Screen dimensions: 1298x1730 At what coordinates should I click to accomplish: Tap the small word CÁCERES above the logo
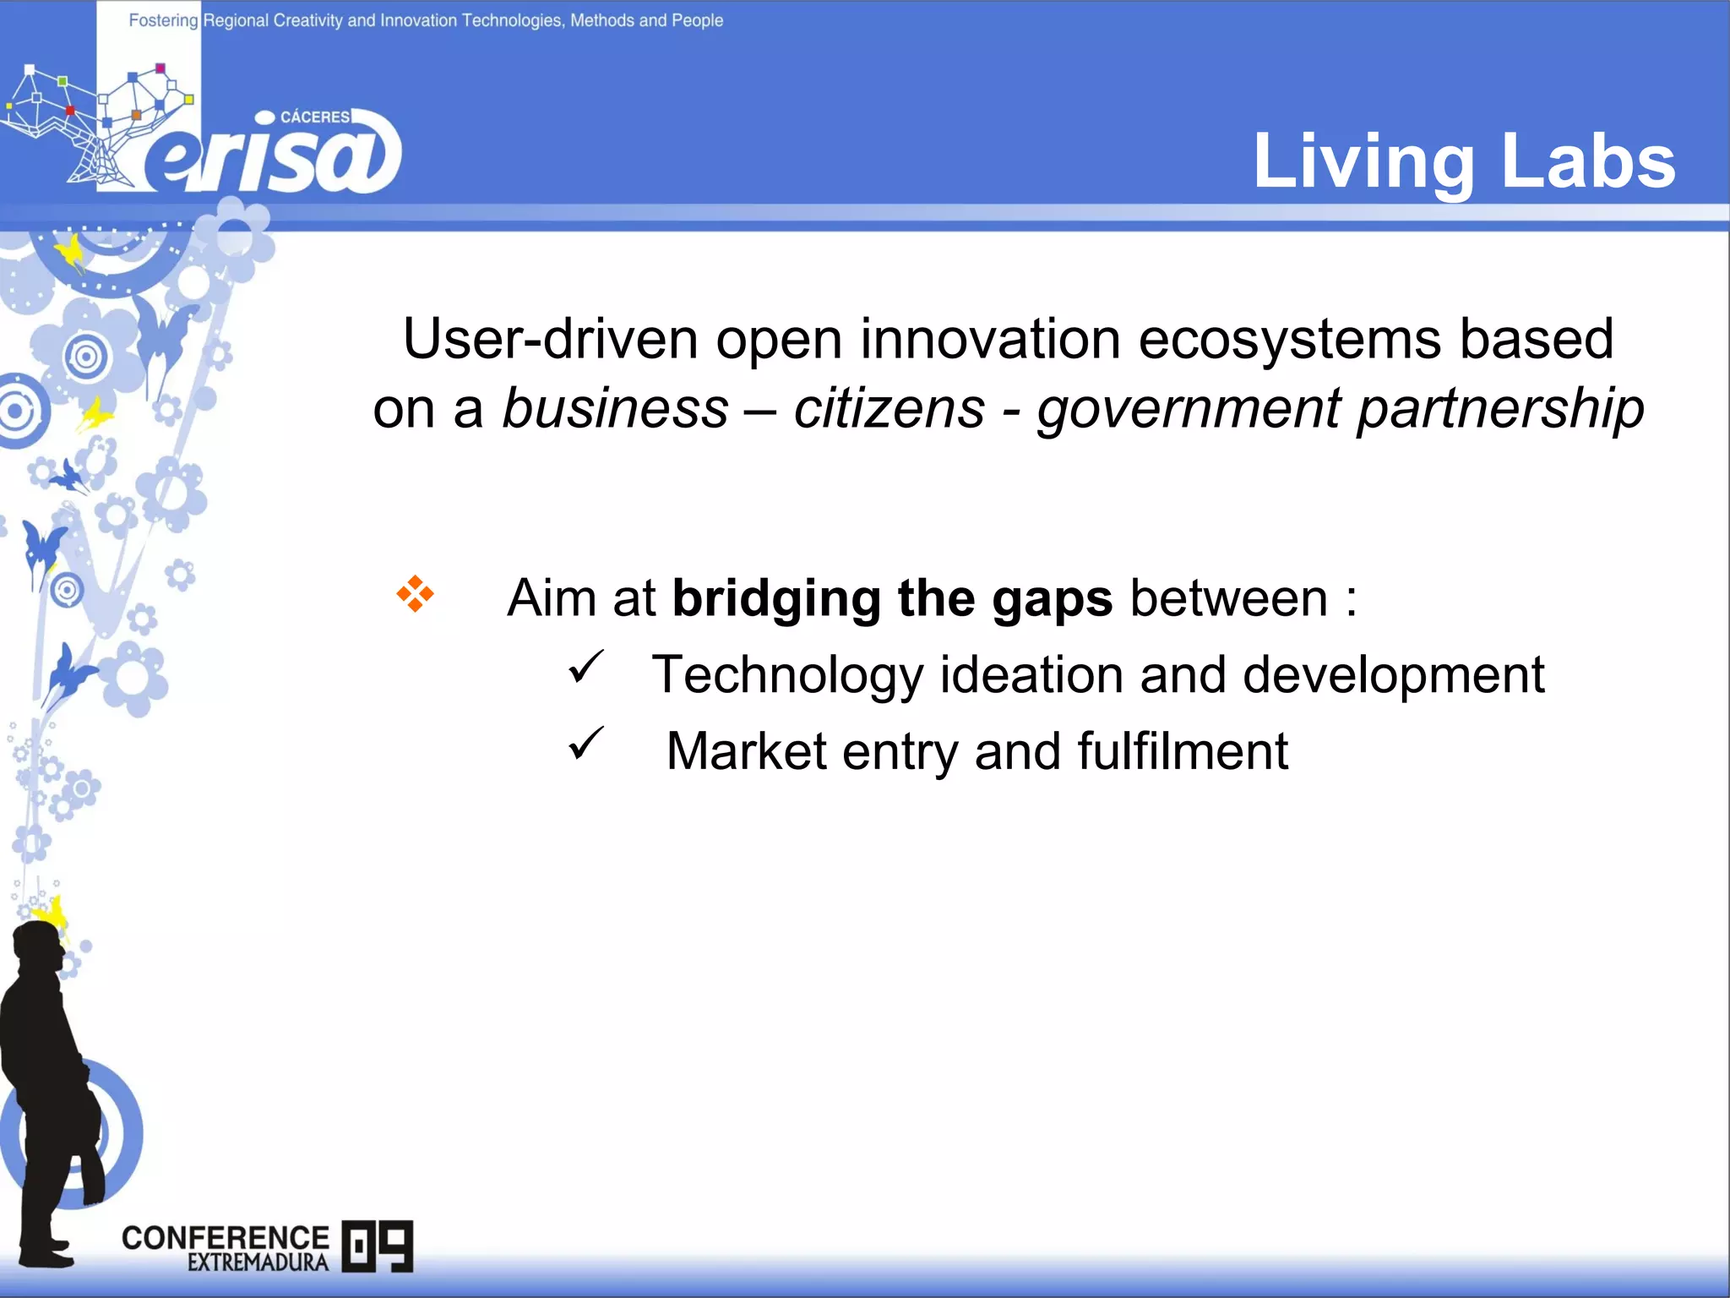(x=314, y=117)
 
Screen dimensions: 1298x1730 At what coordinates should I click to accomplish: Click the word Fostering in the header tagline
(x=163, y=20)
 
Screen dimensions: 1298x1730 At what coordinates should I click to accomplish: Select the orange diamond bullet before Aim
(x=415, y=594)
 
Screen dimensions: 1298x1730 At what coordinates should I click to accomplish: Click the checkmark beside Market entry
(x=585, y=744)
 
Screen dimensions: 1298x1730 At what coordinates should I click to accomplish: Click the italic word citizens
(x=889, y=409)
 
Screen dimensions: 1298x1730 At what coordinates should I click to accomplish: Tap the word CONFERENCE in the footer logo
(x=225, y=1237)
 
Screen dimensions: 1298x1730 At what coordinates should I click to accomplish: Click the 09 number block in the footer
(x=378, y=1246)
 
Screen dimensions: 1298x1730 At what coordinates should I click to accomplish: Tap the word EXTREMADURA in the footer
(x=258, y=1263)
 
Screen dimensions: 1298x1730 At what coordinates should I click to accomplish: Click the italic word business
(x=615, y=409)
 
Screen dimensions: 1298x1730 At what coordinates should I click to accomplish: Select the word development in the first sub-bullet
(x=1393, y=676)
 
